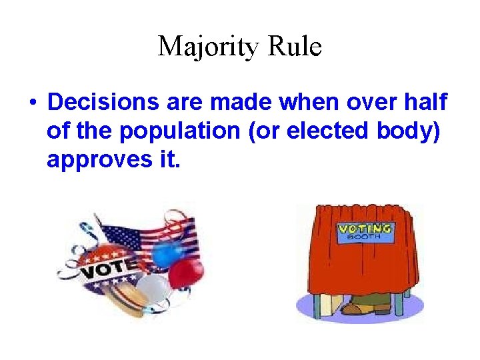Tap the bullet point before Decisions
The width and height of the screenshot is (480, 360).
[x=31, y=104]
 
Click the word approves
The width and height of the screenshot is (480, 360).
[x=93, y=161]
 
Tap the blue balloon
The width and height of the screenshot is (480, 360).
[x=163, y=253]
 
